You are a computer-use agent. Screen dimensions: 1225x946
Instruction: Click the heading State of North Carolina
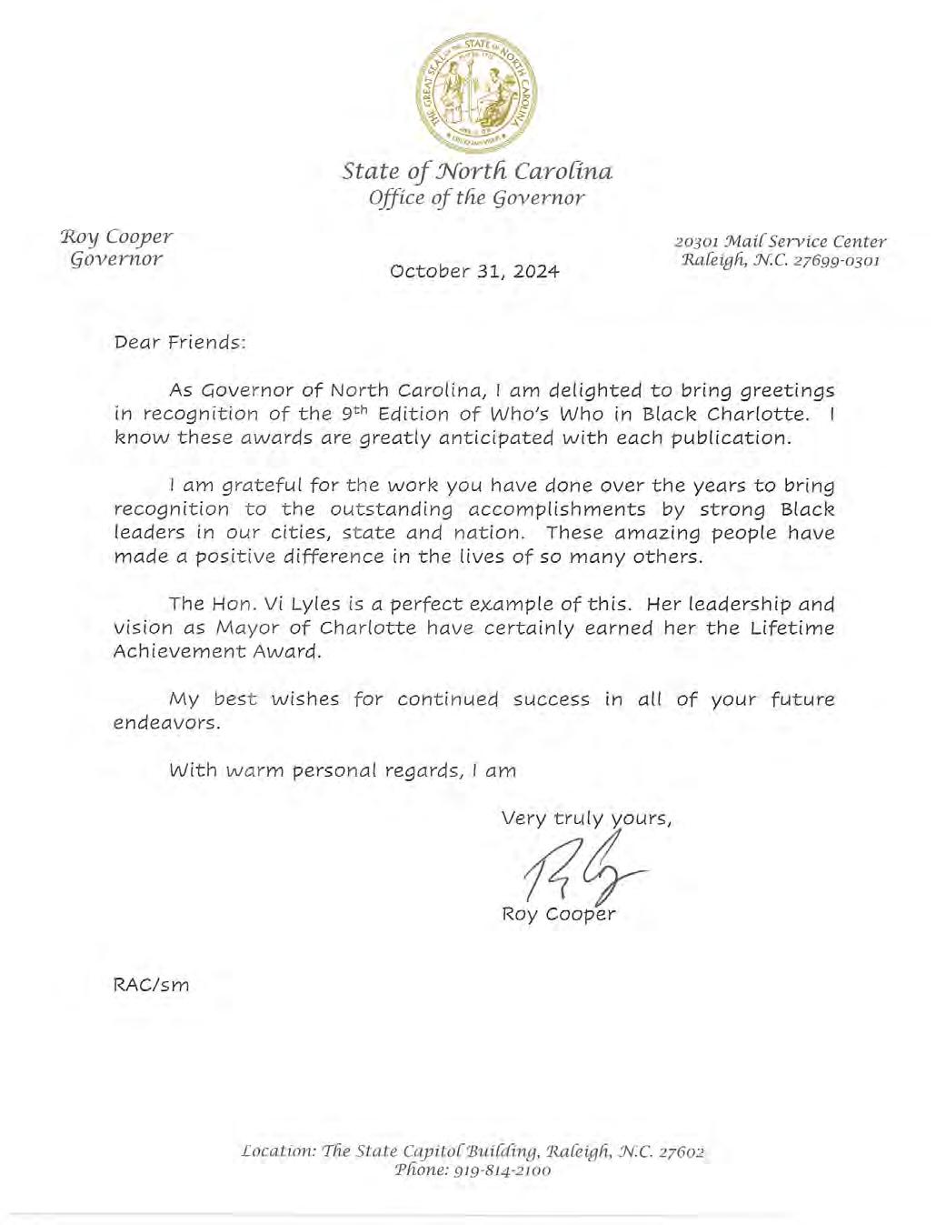click(477, 172)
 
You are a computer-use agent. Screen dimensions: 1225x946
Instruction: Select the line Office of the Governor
click(477, 198)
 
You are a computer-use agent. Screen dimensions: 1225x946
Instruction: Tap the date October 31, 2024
click(474, 271)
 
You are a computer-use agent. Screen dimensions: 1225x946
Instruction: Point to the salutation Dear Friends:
click(179, 344)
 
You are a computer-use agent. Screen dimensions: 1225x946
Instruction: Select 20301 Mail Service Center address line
click(780, 242)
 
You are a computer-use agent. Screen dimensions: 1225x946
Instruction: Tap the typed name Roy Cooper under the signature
click(558, 914)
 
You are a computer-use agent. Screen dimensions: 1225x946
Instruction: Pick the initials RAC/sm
click(151, 984)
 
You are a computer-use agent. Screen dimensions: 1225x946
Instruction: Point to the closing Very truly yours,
click(586, 818)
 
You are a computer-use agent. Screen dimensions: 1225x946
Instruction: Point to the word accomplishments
click(559, 509)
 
